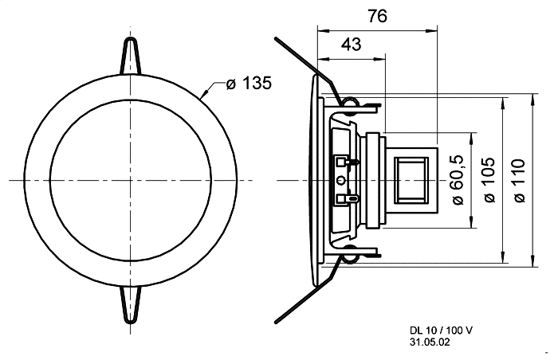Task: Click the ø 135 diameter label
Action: point(249,84)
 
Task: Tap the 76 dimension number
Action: point(377,17)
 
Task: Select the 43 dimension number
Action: point(352,45)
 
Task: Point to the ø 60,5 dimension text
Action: point(458,180)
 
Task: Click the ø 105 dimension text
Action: point(489,180)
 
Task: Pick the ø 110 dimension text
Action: point(520,181)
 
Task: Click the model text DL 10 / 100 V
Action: point(442,331)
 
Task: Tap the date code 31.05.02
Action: point(430,342)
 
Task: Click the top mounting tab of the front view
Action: point(131,56)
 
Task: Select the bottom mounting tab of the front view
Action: point(131,305)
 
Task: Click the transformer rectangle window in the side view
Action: point(411,180)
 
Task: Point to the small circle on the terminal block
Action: point(341,181)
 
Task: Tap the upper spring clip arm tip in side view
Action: point(276,38)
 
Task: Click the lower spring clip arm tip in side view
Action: point(276,323)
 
